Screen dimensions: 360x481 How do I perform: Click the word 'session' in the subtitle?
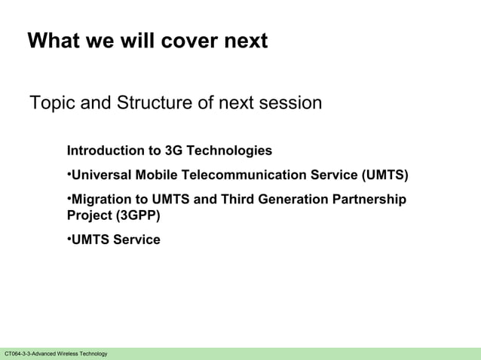click(290, 102)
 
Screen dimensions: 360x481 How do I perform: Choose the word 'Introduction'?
click(103, 151)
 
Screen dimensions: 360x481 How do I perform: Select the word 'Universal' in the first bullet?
click(101, 175)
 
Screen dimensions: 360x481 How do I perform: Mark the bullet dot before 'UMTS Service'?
click(69, 239)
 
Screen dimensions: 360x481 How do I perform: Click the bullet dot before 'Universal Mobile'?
click(69, 175)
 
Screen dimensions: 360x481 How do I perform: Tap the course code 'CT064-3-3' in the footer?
click(19, 354)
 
